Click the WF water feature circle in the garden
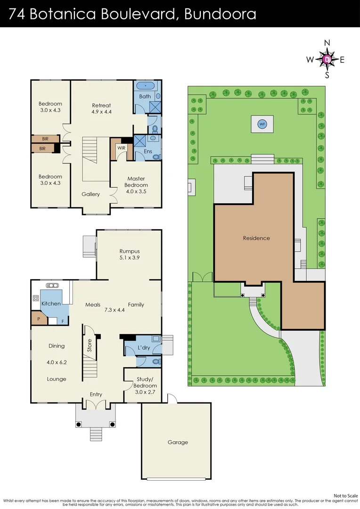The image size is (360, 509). (x=262, y=124)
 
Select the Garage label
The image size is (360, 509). (x=178, y=442)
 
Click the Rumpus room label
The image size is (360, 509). (x=129, y=251)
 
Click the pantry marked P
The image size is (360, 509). (x=38, y=319)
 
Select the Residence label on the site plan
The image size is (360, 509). (x=256, y=238)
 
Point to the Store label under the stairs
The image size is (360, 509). (x=90, y=346)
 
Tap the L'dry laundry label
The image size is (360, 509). (x=144, y=347)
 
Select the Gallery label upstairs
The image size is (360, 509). (x=90, y=194)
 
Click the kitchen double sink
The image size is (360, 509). (x=51, y=285)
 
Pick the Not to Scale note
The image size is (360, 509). (x=345, y=495)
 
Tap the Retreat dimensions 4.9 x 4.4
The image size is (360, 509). (x=101, y=112)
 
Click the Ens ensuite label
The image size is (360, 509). (x=147, y=152)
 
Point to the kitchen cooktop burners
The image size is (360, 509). (x=35, y=298)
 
